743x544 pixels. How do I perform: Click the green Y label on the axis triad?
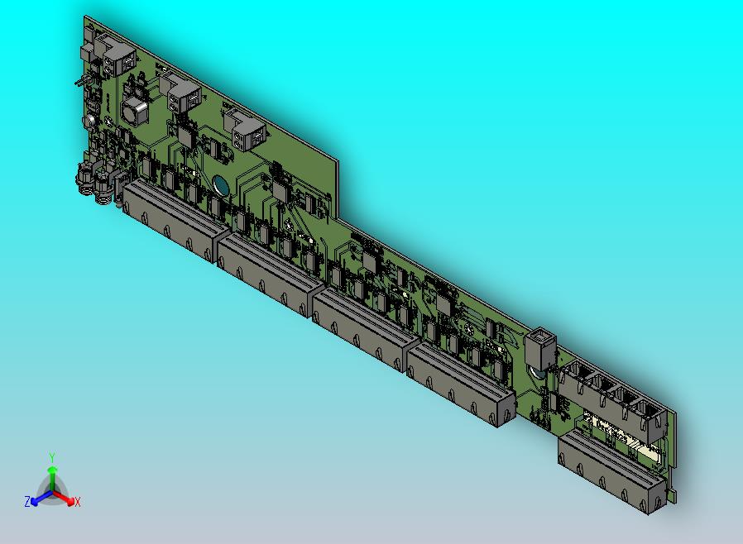pos(51,456)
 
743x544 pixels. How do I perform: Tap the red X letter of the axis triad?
pos(77,502)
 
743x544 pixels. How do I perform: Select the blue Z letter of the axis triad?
pos(27,502)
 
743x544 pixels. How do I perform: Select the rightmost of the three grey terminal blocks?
pos(247,129)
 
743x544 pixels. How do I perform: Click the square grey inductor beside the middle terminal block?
pos(134,109)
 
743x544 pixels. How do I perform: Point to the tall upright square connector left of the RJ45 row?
pos(539,350)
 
